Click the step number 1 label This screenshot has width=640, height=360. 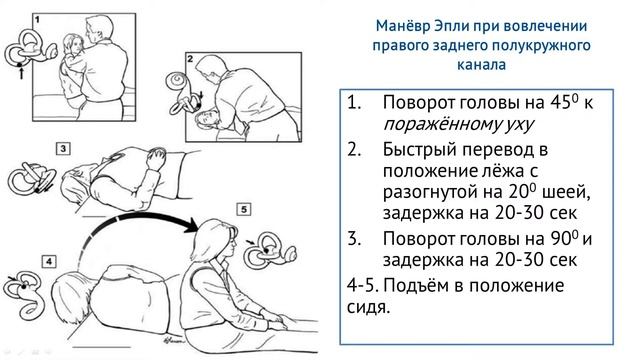pos(37,19)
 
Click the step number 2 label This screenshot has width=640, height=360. pos(190,59)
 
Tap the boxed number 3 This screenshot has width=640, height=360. pos(63,149)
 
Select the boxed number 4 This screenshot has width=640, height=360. pos(49,261)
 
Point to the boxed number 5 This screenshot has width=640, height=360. pos(244,209)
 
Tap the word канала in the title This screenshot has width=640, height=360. pos(481,64)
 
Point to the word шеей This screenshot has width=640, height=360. pos(568,191)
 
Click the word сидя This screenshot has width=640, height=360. pos(369,307)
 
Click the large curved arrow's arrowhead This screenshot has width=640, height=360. pos(191,225)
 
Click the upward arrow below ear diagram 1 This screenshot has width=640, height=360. pos(21,72)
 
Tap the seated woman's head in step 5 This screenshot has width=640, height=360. pos(213,240)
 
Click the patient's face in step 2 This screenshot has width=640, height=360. pos(203,119)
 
